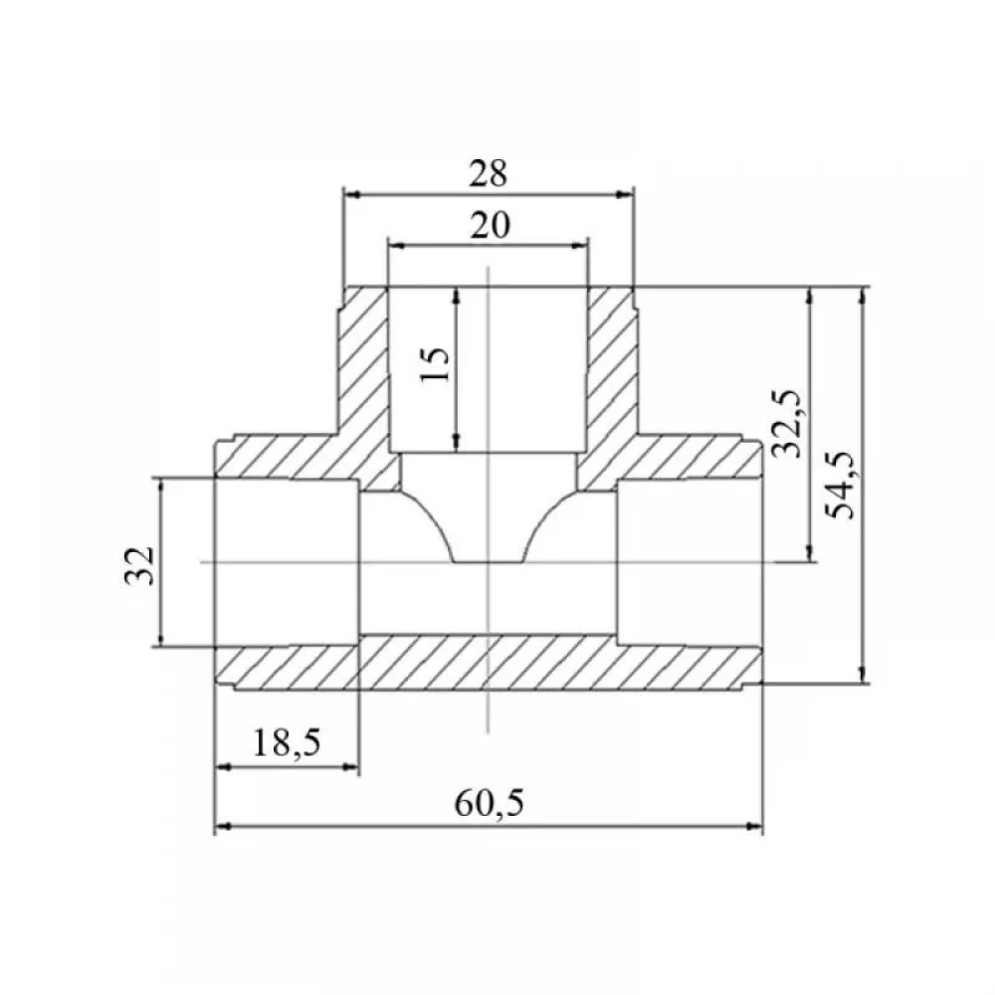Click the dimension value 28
pos(488,173)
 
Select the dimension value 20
pos(490,225)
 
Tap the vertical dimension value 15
pos(436,363)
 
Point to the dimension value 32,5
pos(787,423)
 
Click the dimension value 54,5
pos(842,485)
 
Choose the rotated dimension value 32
pos(139,565)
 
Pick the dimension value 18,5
pos(287,742)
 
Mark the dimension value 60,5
pos(490,803)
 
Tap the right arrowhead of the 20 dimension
pos(580,246)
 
